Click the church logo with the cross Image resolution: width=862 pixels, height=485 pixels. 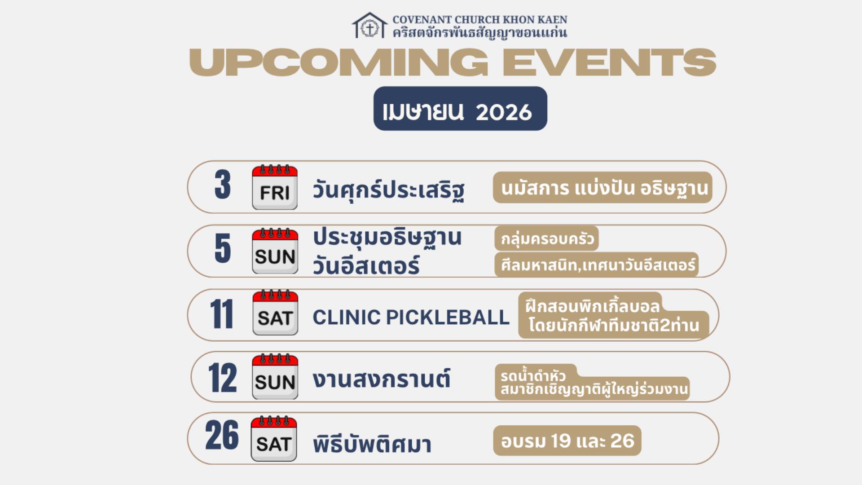(x=369, y=26)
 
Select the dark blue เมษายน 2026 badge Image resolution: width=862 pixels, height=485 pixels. (x=460, y=109)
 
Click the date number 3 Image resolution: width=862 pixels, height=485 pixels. (x=223, y=185)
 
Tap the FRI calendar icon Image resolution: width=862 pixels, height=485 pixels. (x=275, y=187)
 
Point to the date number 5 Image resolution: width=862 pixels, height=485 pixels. (x=223, y=248)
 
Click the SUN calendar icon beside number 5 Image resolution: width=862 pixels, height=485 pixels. (x=275, y=251)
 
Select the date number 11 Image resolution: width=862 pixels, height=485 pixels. (x=222, y=314)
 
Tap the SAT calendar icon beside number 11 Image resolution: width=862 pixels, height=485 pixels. (x=275, y=313)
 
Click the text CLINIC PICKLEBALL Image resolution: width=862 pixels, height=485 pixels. (x=411, y=317)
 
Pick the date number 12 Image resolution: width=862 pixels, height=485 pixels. (x=222, y=378)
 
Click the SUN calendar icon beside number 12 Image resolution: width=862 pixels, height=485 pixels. (x=275, y=377)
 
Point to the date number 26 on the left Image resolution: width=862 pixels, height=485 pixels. (x=222, y=435)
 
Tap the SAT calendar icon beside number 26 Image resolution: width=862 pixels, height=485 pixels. (x=274, y=439)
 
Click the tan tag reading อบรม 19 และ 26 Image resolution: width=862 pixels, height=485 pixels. (x=567, y=441)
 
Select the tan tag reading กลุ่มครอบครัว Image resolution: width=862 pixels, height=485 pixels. (x=547, y=238)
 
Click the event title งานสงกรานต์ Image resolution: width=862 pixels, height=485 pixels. (x=382, y=379)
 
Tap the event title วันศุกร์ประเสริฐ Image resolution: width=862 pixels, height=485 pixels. (x=389, y=190)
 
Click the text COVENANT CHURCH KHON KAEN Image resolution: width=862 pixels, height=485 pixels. (x=480, y=20)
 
